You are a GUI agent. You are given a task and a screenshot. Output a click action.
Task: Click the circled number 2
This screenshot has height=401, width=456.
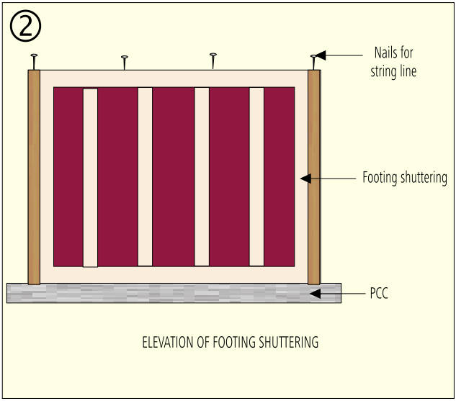pyautogui.click(x=26, y=26)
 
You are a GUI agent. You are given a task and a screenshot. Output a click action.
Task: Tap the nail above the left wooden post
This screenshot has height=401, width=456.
pyautogui.click(x=34, y=62)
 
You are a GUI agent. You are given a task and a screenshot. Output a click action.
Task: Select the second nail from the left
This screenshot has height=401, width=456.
pyautogui.click(x=125, y=63)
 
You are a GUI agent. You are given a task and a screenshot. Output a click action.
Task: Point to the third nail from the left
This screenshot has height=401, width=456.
pyautogui.click(x=213, y=61)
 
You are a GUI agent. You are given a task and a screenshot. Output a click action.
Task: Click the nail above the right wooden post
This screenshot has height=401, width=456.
pyautogui.click(x=313, y=62)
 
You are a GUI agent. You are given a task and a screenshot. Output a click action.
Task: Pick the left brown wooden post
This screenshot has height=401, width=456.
pyautogui.click(x=34, y=177)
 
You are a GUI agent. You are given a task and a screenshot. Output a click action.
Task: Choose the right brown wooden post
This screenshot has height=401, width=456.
pyautogui.click(x=314, y=177)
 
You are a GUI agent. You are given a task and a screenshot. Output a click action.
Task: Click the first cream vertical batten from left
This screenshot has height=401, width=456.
pyautogui.click(x=91, y=178)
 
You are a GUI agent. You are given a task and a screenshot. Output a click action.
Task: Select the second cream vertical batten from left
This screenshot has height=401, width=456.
pyautogui.click(x=145, y=176)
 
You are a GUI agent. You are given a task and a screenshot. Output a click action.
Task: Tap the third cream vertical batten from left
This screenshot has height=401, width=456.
pyautogui.click(x=202, y=176)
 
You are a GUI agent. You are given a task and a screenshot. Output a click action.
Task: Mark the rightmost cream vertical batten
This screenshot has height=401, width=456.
pyautogui.click(x=256, y=176)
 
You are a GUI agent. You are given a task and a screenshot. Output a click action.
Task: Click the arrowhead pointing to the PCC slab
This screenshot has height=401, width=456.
pyautogui.click(x=316, y=294)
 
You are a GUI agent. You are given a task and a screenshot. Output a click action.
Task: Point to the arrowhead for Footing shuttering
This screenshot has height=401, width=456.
pyautogui.click(x=306, y=179)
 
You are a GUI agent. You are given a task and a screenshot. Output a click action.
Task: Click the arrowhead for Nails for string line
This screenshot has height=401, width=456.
pyautogui.click(x=321, y=55)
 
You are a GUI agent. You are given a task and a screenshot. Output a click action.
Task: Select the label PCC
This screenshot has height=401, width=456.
pyautogui.click(x=379, y=293)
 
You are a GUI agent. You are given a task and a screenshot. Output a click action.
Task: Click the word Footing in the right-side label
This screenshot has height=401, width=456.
pyautogui.click(x=380, y=177)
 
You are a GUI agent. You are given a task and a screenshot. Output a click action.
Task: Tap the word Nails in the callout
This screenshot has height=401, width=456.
pyautogui.click(x=385, y=53)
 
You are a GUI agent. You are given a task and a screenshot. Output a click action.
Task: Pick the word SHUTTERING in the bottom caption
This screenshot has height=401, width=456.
pyautogui.click(x=288, y=342)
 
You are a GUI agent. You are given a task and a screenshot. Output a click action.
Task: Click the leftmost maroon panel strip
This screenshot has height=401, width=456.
pyautogui.click(x=68, y=176)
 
